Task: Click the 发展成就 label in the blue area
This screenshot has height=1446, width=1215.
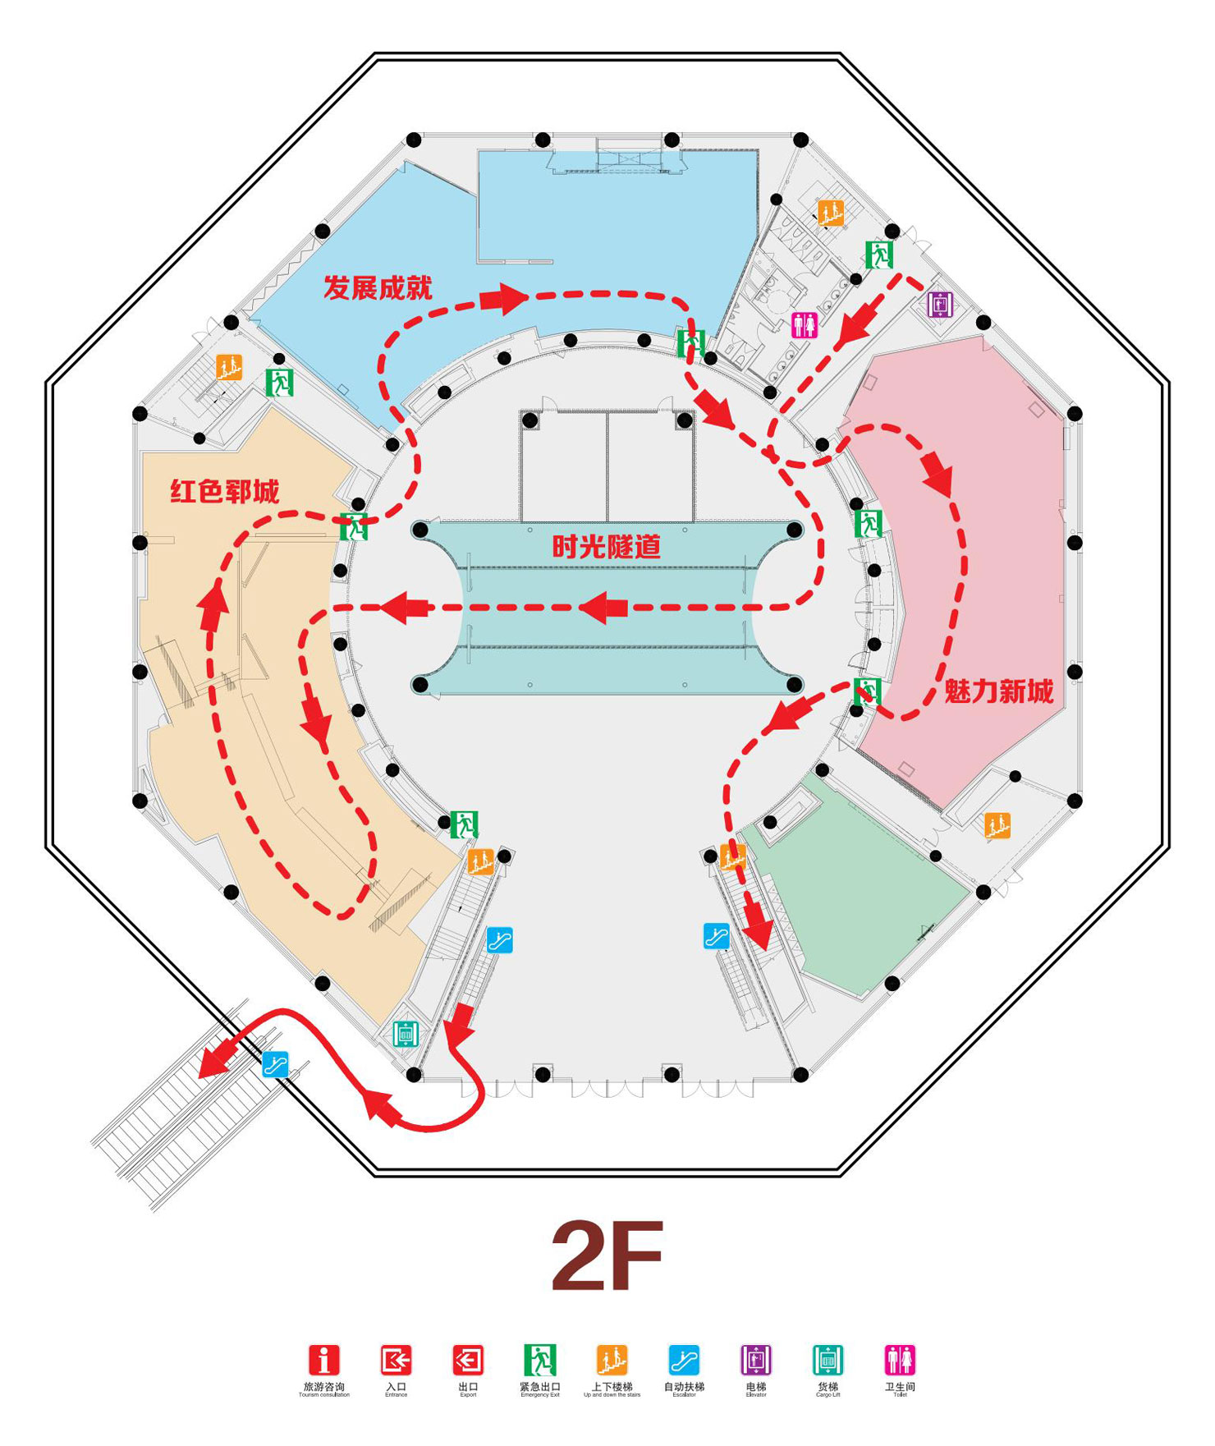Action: point(377,288)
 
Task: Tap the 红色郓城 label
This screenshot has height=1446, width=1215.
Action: point(224,491)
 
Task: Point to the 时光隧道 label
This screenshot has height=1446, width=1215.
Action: point(606,546)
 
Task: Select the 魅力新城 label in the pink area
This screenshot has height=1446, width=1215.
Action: point(998,691)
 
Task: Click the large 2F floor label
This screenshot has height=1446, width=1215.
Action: point(607,1257)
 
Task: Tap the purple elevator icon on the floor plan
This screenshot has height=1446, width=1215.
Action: point(940,305)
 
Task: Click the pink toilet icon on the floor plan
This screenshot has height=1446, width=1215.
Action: point(805,325)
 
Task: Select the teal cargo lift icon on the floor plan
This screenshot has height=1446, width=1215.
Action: point(406,1034)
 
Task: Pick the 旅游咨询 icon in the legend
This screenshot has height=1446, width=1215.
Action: point(323,1361)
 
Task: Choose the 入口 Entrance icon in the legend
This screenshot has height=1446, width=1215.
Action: point(396,1361)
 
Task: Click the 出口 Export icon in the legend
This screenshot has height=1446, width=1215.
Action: point(468,1361)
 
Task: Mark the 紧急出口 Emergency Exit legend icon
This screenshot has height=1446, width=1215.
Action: point(540,1361)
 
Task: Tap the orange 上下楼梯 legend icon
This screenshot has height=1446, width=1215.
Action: point(612,1361)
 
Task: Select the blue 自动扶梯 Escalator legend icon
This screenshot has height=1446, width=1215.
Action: point(684,1361)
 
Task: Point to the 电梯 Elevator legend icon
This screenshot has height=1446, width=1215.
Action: point(756,1361)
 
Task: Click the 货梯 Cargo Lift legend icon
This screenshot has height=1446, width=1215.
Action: point(828,1361)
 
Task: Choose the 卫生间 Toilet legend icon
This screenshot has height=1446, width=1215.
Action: point(900,1361)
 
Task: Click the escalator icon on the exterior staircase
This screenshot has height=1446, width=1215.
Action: point(275,1065)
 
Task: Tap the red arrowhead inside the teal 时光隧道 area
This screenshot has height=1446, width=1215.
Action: point(604,608)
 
